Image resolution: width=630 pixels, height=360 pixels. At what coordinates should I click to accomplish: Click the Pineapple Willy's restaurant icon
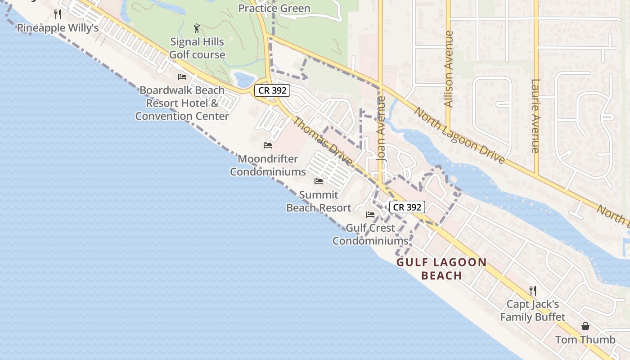pyautogui.click(x=57, y=14)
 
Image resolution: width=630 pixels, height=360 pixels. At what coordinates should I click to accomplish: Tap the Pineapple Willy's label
pyautogui.click(x=58, y=28)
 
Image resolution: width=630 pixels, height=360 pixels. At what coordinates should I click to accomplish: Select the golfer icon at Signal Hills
pyautogui.click(x=197, y=29)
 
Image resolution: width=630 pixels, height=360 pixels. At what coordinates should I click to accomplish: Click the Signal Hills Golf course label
pyautogui.click(x=197, y=48)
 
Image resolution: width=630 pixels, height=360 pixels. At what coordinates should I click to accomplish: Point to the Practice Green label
pyautogui.click(x=274, y=9)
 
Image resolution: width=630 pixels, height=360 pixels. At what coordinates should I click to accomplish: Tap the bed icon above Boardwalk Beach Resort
pyautogui.click(x=182, y=77)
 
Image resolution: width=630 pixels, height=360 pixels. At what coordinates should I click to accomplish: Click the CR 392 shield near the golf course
pyautogui.click(x=272, y=90)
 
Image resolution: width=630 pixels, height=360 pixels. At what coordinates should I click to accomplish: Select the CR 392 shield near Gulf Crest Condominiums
pyautogui.click(x=407, y=207)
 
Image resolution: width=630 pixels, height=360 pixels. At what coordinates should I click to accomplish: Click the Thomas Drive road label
pyautogui.click(x=323, y=141)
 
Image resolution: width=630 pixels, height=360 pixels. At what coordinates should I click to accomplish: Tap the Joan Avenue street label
pyautogui.click(x=382, y=129)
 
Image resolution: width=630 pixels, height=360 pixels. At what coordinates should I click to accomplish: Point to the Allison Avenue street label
pyautogui.click(x=448, y=69)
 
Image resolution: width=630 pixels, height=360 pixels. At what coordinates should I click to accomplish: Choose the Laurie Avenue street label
pyautogui.click(x=535, y=116)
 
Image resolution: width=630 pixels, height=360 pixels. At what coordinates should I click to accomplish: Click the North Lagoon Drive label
pyautogui.click(x=459, y=135)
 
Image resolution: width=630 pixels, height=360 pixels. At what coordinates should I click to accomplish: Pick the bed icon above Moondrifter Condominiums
pyautogui.click(x=268, y=145)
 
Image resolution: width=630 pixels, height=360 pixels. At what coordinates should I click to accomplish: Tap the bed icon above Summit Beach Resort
pyautogui.click(x=319, y=181)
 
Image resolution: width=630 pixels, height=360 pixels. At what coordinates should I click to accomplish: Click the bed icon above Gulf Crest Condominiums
pyautogui.click(x=370, y=214)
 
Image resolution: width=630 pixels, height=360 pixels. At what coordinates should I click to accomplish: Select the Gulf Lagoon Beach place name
pyautogui.click(x=441, y=269)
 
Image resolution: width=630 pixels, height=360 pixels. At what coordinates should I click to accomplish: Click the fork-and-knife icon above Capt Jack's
pyautogui.click(x=533, y=291)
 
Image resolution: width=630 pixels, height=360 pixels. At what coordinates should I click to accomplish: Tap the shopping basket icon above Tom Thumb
pyautogui.click(x=585, y=326)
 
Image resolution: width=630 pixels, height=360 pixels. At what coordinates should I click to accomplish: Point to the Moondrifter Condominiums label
pyautogui.click(x=268, y=165)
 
